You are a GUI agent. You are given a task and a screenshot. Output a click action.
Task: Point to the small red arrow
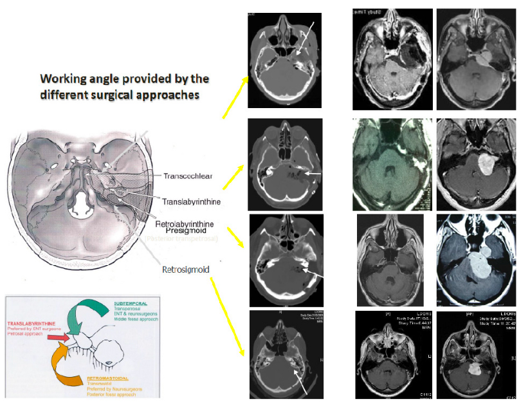point(58,337)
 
